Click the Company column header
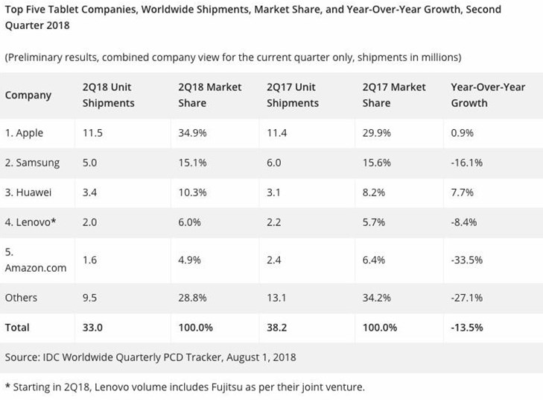pos(28,96)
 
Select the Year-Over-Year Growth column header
pos(488,96)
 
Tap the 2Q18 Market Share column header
pos(209,96)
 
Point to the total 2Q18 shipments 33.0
pos(92,327)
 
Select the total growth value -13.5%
pos(468,327)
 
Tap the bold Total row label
pos(18,327)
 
